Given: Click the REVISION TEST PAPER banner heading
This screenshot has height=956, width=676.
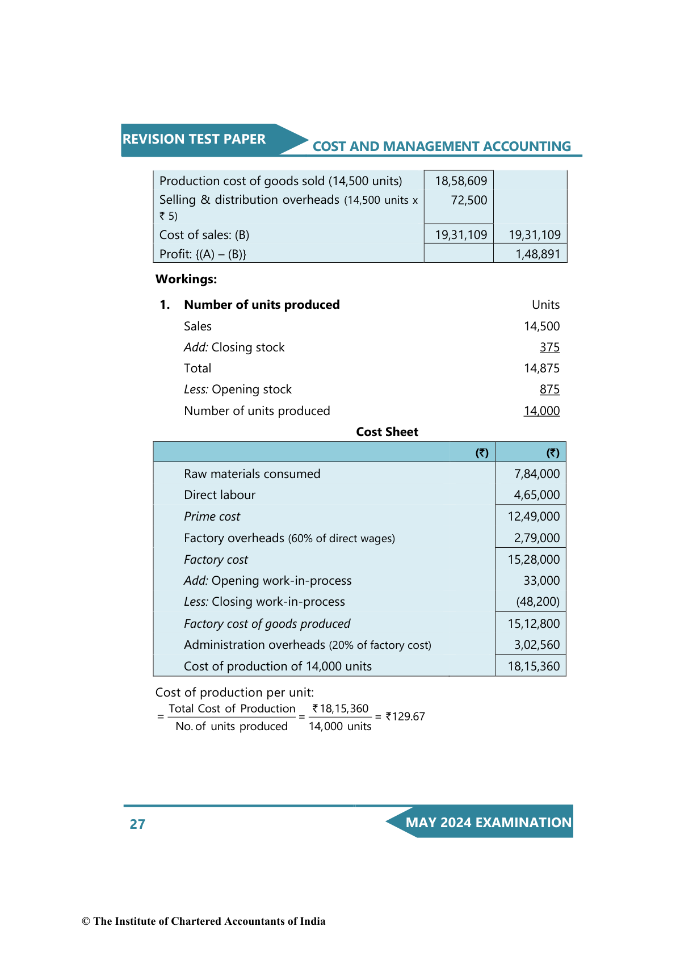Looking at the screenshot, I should (194, 139).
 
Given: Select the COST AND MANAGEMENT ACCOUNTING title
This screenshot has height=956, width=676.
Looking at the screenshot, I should (441, 146).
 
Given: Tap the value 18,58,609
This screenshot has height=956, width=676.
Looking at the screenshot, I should (461, 181).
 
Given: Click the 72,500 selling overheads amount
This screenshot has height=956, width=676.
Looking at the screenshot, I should (469, 200).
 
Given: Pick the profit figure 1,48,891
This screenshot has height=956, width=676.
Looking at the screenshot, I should (538, 254).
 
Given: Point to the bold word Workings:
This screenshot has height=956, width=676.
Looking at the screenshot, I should (186, 279).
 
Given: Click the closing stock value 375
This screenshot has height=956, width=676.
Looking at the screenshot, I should (549, 347).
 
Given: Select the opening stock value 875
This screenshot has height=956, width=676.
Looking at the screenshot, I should (549, 389).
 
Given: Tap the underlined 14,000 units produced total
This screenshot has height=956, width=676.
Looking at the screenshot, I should (541, 411).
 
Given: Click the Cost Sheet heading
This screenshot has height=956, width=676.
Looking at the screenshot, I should (387, 432).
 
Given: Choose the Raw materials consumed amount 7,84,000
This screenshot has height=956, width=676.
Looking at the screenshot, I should (536, 474).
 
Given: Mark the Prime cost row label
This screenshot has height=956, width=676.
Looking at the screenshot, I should (212, 517).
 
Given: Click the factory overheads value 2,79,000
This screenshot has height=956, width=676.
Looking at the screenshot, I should (536, 538).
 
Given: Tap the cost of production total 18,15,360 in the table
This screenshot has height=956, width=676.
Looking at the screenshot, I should (534, 666).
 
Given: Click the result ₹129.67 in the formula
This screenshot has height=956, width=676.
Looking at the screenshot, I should (405, 716).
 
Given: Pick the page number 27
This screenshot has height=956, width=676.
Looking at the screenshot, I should (137, 824).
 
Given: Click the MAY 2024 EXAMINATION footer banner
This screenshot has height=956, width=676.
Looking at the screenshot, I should (488, 823).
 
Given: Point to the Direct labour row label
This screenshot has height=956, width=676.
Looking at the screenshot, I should (220, 495).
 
